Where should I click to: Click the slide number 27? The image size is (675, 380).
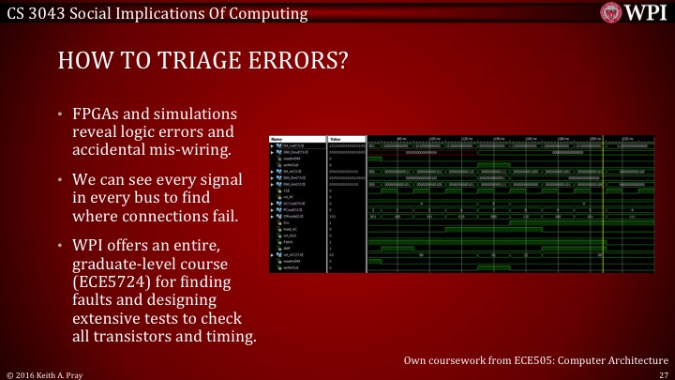[x=663, y=373]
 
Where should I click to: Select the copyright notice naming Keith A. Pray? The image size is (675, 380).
[x=41, y=373]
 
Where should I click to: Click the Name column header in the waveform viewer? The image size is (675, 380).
[x=277, y=138]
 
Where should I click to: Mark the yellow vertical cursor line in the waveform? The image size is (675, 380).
[x=602, y=206]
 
